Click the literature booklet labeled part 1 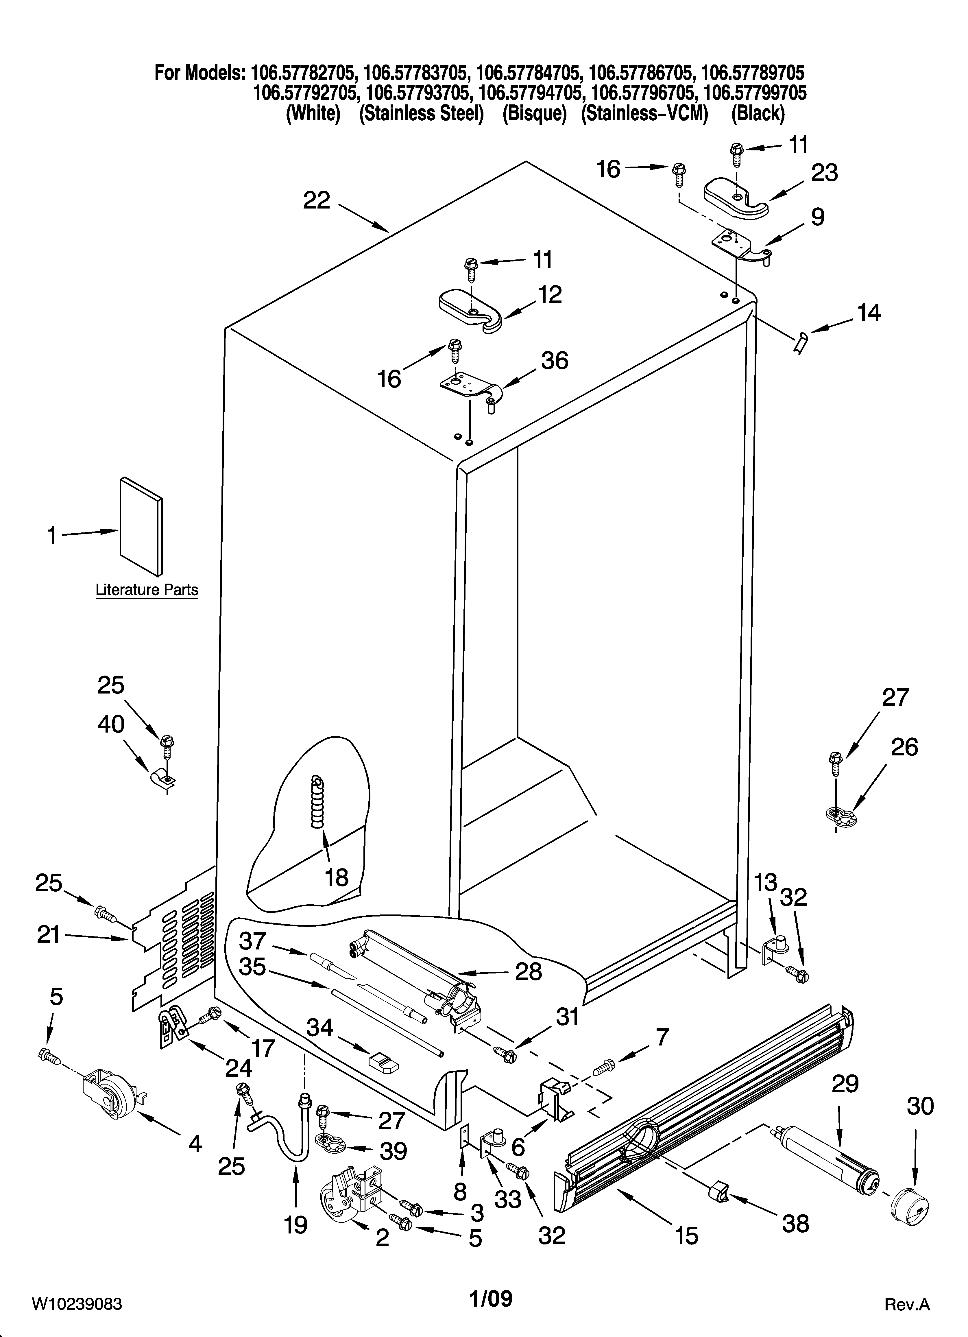(x=141, y=526)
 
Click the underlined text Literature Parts (x=147, y=590)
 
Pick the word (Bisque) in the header (x=534, y=113)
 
